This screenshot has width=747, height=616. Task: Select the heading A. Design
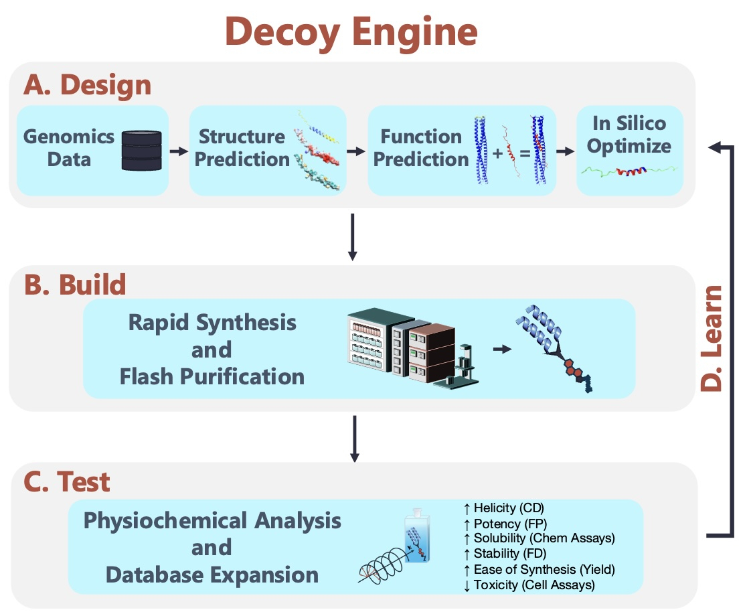(x=87, y=86)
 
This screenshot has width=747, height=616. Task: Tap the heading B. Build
(x=74, y=285)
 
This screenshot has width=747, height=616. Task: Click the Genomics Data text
(x=69, y=148)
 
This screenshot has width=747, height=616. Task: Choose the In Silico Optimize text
(x=629, y=135)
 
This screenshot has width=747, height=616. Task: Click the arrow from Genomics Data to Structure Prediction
(x=178, y=151)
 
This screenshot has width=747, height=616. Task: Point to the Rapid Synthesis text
(x=212, y=323)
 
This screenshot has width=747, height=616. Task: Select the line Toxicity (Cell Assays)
(x=529, y=585)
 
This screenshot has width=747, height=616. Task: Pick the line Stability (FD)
(x=505, y=554)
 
